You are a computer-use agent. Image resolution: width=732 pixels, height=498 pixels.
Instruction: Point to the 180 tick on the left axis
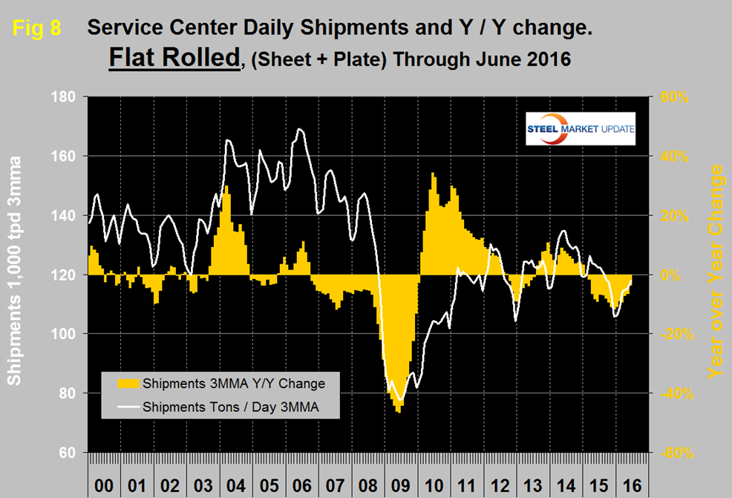(68, 97)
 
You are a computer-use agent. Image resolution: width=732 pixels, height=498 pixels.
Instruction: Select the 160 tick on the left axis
(68, 157)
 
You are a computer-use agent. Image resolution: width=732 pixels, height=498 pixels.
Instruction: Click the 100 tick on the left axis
(68, 334)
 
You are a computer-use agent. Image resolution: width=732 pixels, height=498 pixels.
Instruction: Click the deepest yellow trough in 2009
(399, 411)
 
